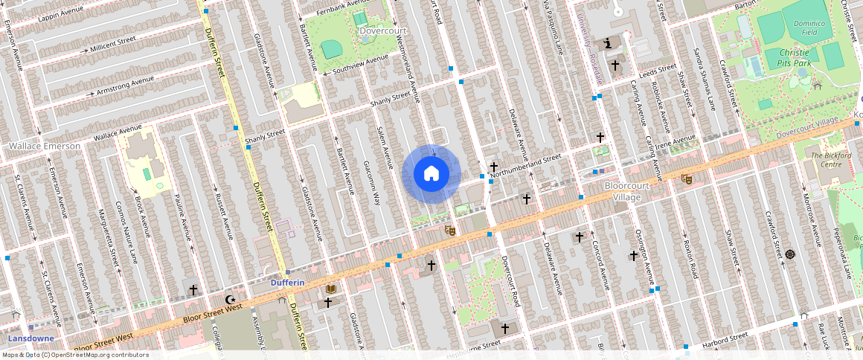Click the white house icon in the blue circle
(x=431, y=174)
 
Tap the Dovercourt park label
(x=383, y=31)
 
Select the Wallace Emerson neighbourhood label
(x=44, y=146)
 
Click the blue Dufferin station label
(x=286, y=283)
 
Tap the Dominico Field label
(x=805, y=28)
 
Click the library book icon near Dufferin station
(x=331, y=288)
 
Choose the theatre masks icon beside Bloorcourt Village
(x=686, y=179)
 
